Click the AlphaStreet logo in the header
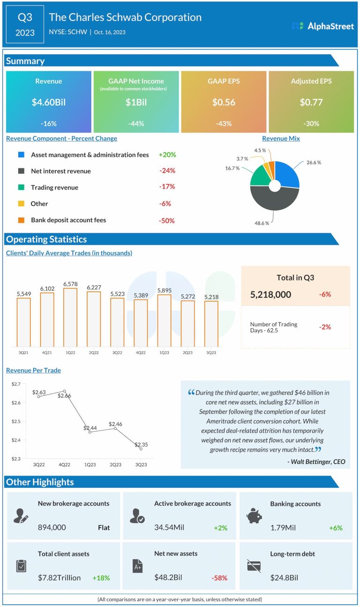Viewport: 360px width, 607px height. (322, 26)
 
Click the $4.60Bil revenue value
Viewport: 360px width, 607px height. (49, 102)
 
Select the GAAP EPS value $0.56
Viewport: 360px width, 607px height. (224, 102)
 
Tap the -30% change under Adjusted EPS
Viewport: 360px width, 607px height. (311, 124)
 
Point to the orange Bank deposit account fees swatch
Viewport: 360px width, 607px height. (21, 220)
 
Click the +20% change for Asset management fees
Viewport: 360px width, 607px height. (167, 155)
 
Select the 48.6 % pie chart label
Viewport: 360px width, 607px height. (261, 223)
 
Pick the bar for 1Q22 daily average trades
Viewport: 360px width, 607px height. (70, 317)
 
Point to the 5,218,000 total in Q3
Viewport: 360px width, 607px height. (271, 295)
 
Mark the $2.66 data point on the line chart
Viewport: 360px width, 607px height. (64, 391)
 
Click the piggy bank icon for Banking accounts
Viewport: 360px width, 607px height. (254, 516)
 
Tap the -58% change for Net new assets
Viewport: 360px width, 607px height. (220, 578)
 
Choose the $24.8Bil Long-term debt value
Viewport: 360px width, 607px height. (284, 578)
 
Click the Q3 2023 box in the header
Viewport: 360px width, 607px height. (25, 24)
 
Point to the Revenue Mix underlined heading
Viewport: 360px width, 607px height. (281, 138)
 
